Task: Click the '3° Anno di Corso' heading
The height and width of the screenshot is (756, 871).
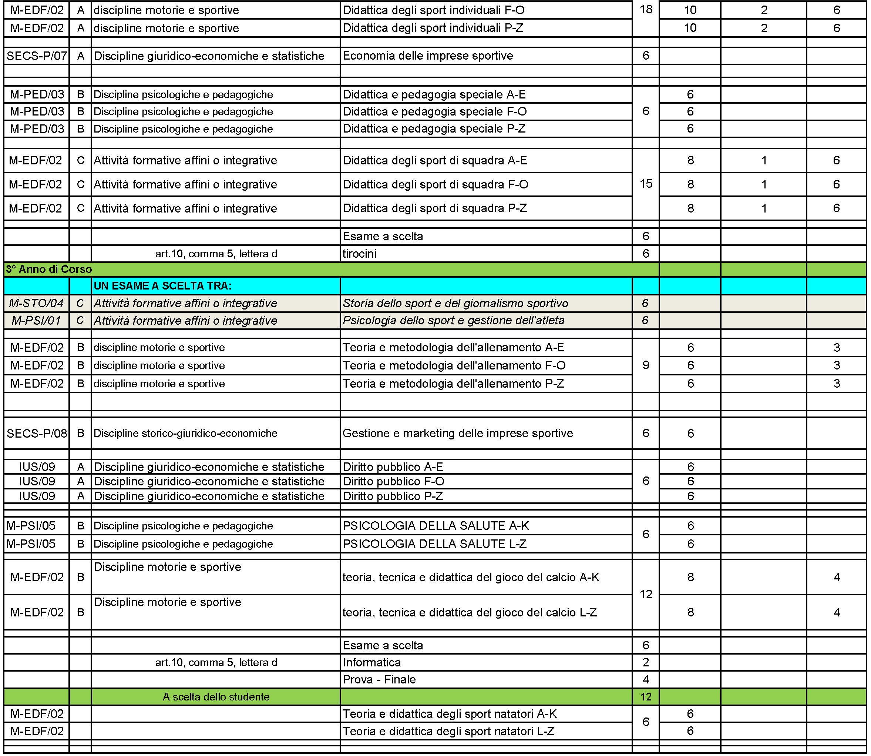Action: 49,269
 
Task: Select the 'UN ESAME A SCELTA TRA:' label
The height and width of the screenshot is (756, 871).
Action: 163,286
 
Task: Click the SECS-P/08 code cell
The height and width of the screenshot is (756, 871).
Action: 37,433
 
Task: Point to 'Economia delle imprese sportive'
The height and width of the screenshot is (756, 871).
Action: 427,56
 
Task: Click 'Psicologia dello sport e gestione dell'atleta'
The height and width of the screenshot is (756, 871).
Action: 453,321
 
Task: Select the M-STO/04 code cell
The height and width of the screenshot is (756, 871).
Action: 37,303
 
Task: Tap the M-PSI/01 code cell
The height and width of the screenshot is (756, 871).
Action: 37,321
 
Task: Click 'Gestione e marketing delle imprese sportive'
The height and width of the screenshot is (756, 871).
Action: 457,433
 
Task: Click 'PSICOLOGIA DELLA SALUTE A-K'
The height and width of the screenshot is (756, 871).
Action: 435,526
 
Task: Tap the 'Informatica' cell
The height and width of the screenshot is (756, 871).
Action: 371,662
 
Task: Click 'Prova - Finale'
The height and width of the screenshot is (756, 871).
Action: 379,679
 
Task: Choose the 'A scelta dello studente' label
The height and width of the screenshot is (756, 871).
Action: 216,696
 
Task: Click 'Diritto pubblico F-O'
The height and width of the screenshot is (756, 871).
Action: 393,481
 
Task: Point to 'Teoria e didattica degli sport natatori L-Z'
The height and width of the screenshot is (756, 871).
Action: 448,731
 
